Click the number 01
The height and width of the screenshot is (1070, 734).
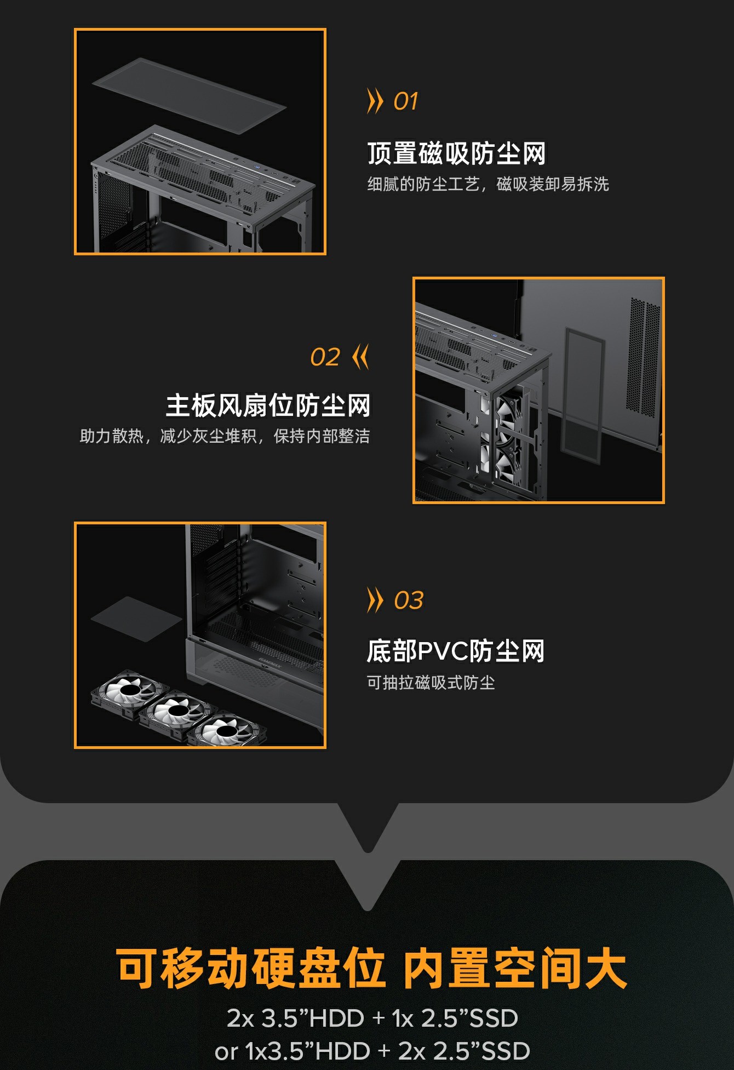coord(406,101)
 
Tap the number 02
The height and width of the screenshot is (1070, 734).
coord(325,357)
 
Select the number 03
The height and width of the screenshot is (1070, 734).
coord(409,600)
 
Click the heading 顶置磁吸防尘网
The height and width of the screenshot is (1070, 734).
coord(456,153)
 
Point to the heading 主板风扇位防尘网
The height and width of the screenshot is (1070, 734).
coord(268,405)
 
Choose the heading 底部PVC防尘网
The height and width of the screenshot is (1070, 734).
coord(456,651)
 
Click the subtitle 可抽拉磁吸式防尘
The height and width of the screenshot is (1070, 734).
coord(431,683)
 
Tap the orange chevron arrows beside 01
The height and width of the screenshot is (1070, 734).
coord(375,101)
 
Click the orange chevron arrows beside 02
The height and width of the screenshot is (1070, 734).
coord(361,357)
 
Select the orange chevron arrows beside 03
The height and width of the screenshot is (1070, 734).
coord(375,600)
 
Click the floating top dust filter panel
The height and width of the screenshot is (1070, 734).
coord(189,95)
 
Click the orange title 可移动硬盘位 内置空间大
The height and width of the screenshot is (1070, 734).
coord(371,969)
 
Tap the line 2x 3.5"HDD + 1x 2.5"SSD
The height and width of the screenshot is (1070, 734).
coord(372,1018)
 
